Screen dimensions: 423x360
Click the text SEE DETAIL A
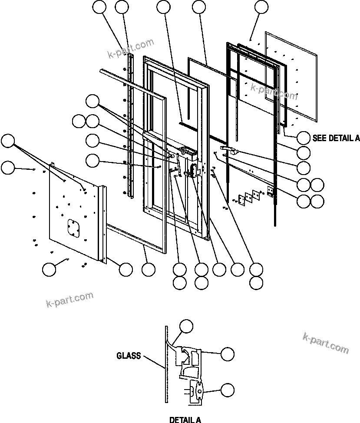[336, 138]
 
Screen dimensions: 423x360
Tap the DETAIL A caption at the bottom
[185, 420]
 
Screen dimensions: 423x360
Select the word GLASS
[129, 356]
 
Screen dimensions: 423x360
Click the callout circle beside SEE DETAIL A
[304, 138]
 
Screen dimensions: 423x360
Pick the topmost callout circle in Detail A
[187, 326]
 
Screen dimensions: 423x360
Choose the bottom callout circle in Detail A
[227, 390]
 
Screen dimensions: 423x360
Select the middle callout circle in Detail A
[227, 354]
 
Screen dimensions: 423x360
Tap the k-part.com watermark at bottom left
[69, 300]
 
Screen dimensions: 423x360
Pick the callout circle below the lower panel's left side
[49, 269]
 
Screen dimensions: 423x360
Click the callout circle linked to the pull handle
[304, 167]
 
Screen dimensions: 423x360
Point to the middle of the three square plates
[249, 196]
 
